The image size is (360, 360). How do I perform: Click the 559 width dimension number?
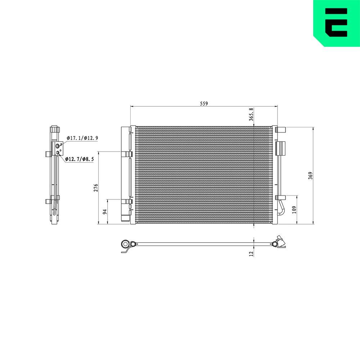[204, 103]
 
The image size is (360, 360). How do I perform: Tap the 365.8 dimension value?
[252, 114]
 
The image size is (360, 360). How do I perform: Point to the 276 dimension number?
[96, 188]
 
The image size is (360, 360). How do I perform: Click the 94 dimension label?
[105, 212]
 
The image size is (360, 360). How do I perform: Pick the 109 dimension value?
[294, 210]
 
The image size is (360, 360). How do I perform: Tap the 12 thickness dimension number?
[252, 253]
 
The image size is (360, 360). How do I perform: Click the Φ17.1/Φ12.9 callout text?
[82, 138]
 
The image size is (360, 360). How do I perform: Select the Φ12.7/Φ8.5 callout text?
[80, 159]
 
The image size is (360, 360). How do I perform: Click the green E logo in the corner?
[336, 23]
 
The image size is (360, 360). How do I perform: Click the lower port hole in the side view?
[57, 153]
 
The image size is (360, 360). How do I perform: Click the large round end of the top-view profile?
[126, 244]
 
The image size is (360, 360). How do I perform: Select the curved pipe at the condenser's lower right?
[280, 208]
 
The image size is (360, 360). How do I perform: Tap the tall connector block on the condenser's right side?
[280, 148]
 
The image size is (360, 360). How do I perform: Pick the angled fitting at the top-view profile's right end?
[279, 242]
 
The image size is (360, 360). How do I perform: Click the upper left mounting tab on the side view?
[48, 154]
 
